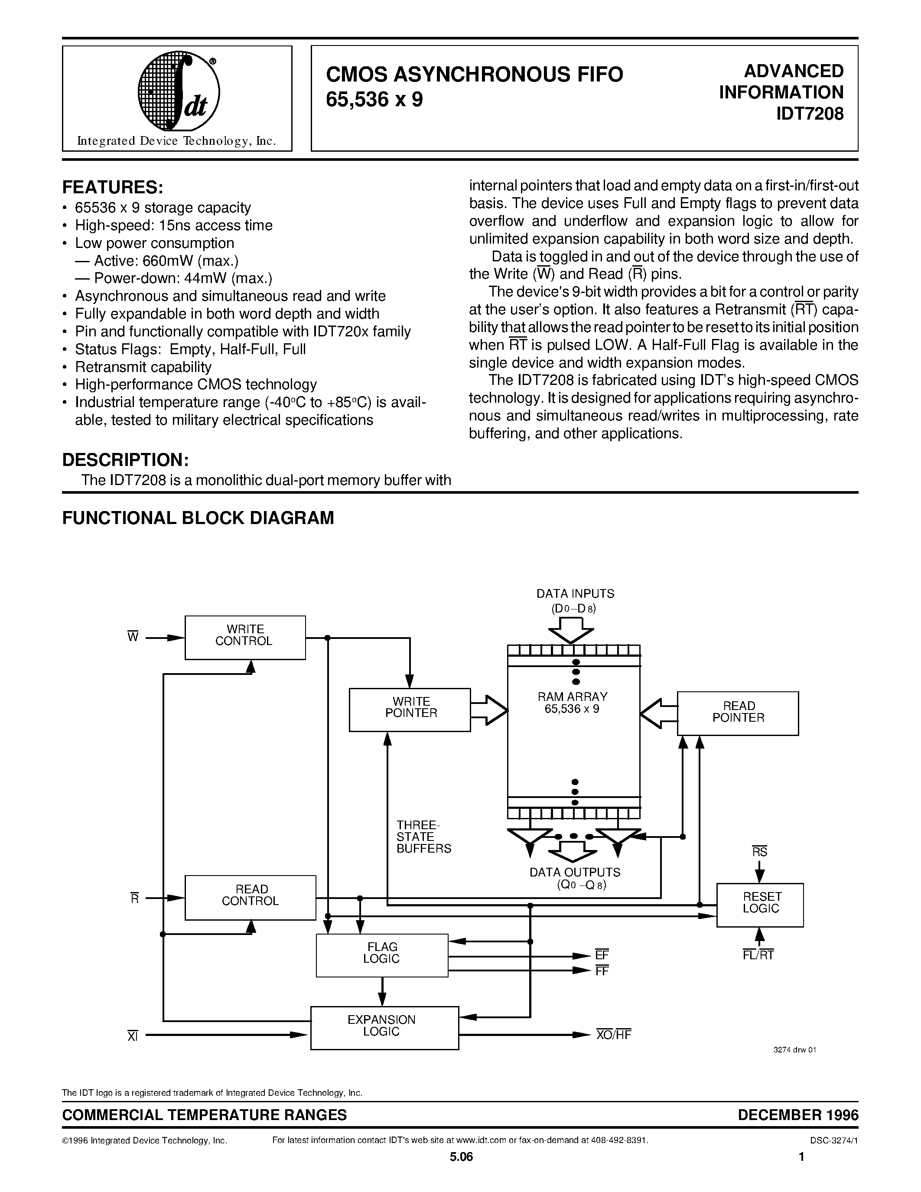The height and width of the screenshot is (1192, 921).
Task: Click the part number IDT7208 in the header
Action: pyautogui.click(x=810, y=114)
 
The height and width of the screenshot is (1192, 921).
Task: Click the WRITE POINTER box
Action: pyautogui.click(x=410, y=710)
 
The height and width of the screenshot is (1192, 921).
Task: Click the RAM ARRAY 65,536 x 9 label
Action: pyautogui.click(x=573, y=703)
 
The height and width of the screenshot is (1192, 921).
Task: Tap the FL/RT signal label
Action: pyautogui.click(x=758, y=954)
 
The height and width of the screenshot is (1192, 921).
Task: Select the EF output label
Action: pyautogui.click(x=602, y=955)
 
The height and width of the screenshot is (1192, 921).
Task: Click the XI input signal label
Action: pyautogui.click(x=133, y=1036)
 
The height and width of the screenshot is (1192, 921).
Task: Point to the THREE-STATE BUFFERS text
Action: pyautogui.click(x=423, y=837)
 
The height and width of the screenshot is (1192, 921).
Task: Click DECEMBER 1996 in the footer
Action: pyautogui.click(x=797, y=1114)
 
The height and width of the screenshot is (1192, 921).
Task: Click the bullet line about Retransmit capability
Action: pyautogui.click(x=143, y=367)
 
